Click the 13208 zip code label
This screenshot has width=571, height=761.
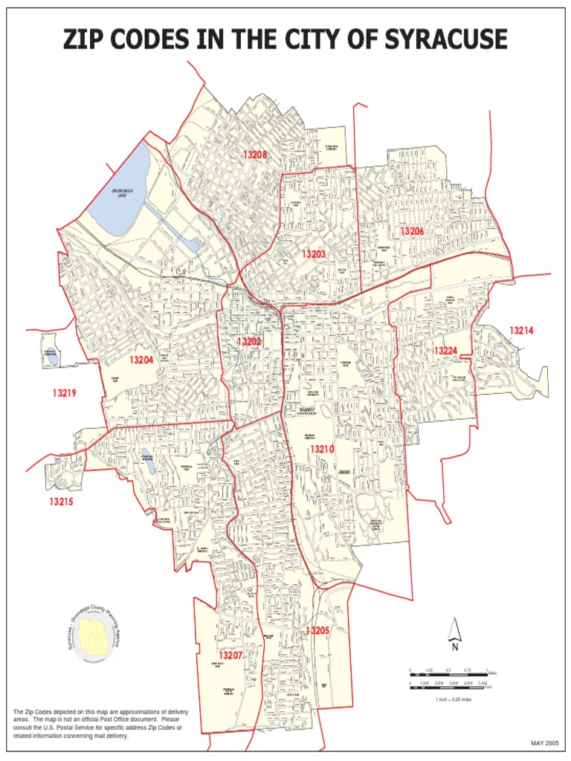coord(254,155)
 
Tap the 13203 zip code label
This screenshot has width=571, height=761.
coord(314,254)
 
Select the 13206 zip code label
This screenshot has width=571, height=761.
coord(412,231)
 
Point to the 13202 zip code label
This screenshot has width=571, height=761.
coord(249,342)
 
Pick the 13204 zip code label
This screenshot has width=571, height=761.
coord(141,360)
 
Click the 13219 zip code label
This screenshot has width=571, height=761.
coord(65,393)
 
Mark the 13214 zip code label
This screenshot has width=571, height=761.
coord(522,330)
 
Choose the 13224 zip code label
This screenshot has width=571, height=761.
coord(446,350)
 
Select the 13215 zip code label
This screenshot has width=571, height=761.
coord(62,502)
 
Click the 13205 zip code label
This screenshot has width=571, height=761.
coord(317,630)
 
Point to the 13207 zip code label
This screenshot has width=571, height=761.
coord(230,655)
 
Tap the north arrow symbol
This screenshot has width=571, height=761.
coord(455,632)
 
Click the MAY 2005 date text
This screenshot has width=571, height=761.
coord(543,743)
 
